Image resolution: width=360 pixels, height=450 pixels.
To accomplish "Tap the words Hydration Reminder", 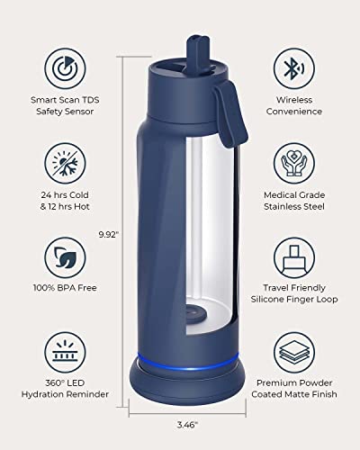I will (65, 394).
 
